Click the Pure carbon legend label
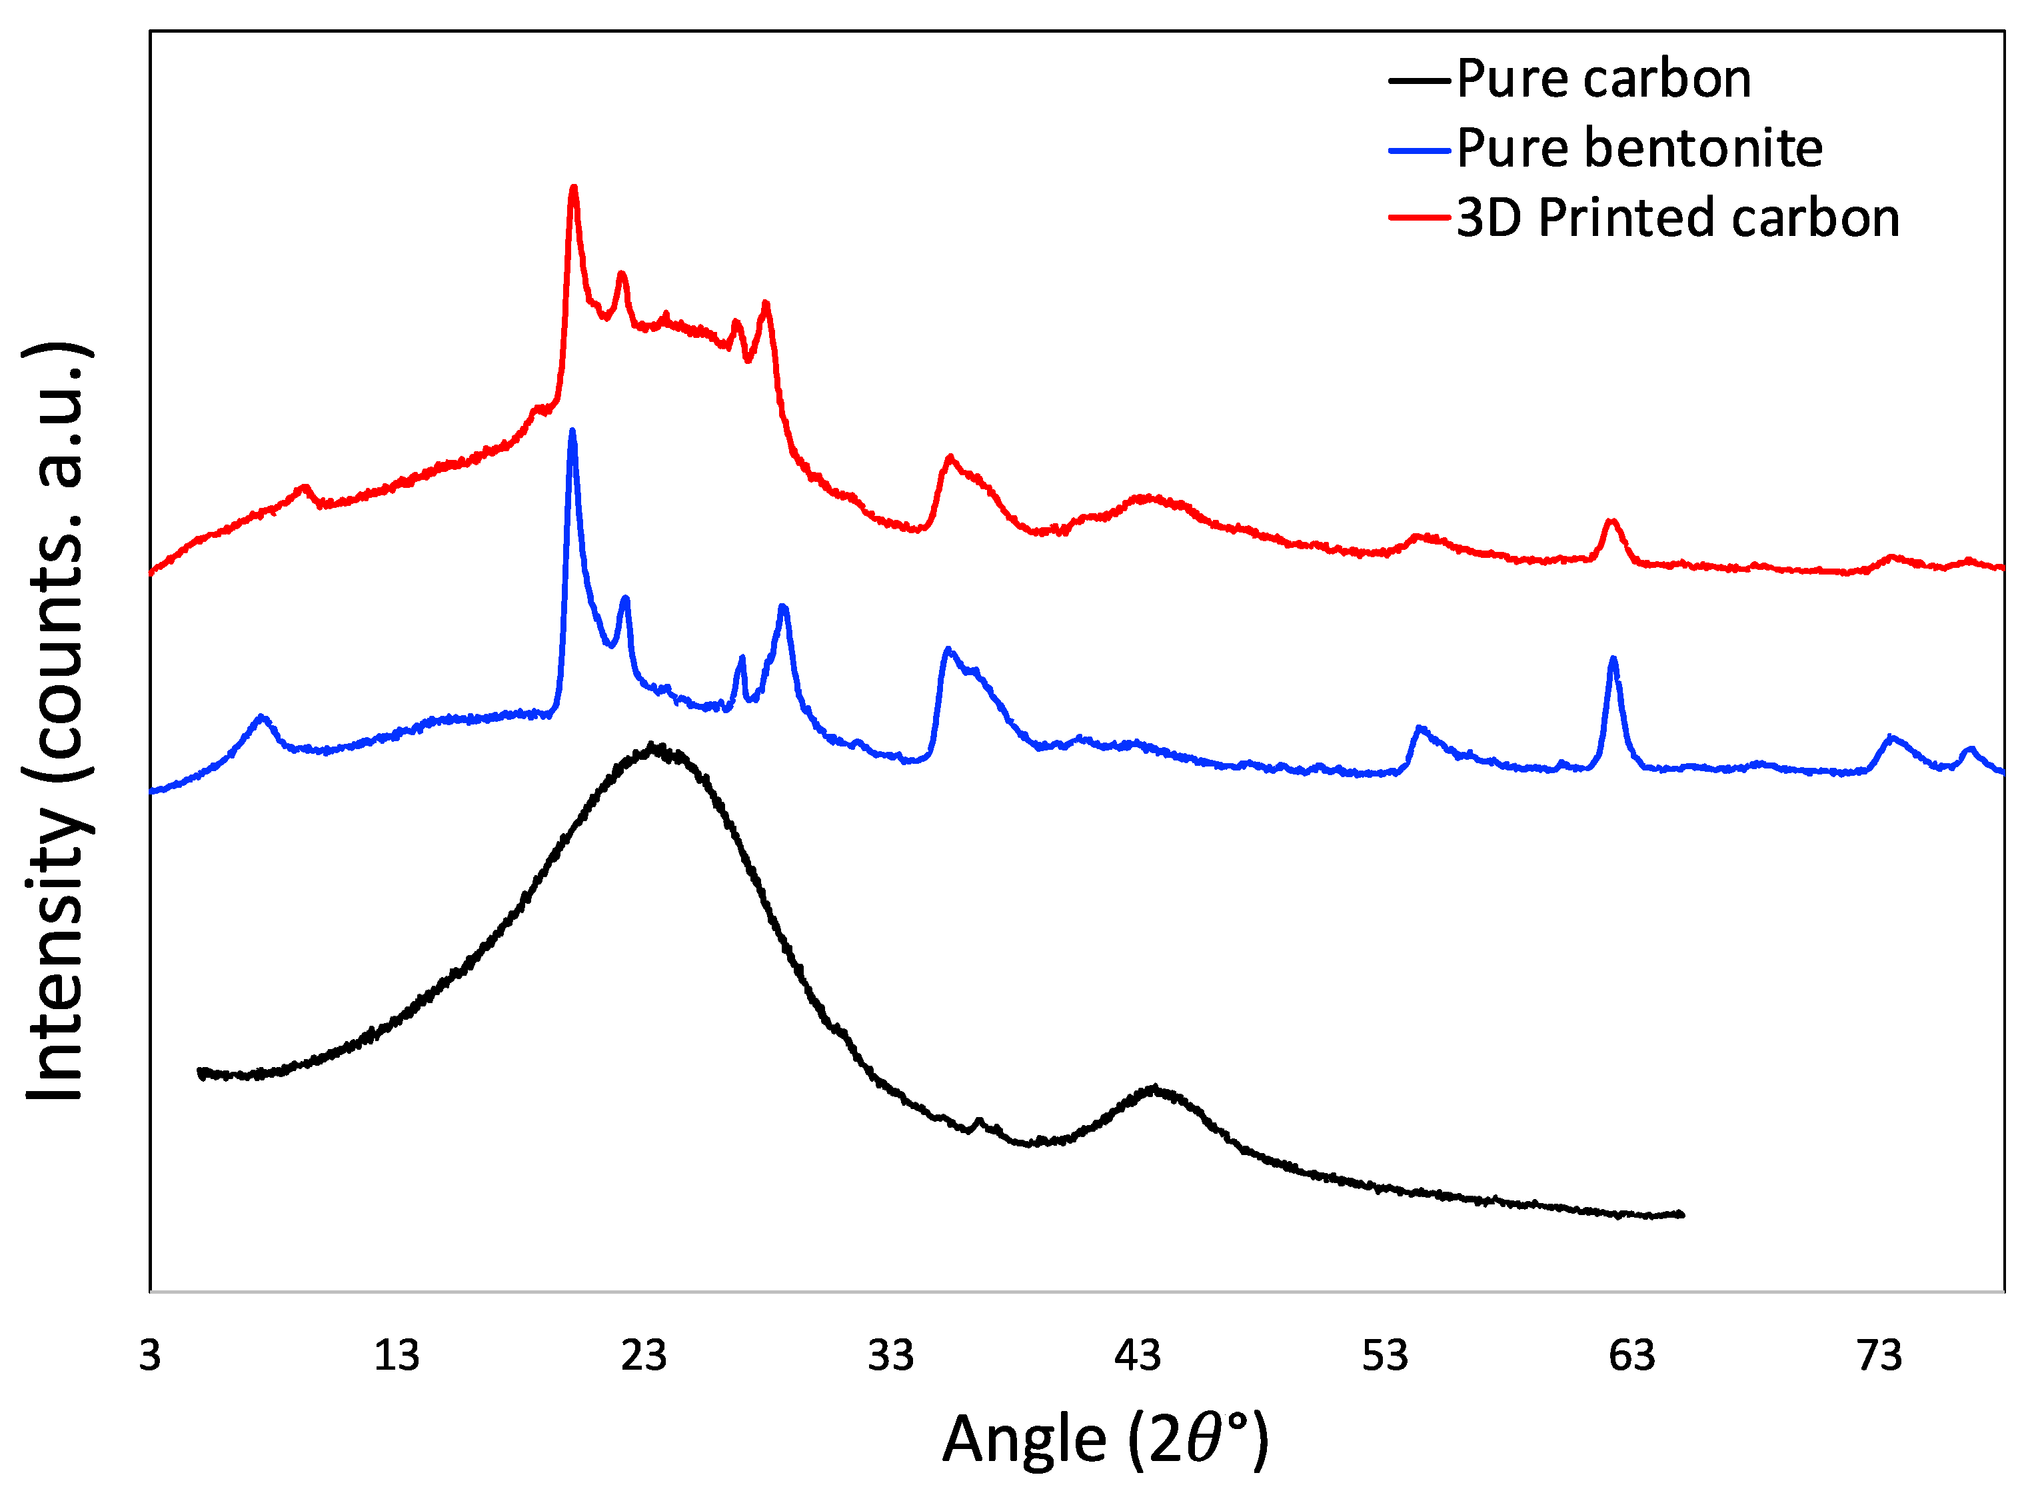[x=1603, y=79]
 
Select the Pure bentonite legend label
[x=1639, y=149]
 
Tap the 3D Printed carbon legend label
[x=1677, y=219]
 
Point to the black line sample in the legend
[x=1419, y=81]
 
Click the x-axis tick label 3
[x=150, y=1356]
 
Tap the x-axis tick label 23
[x=644, y=1356]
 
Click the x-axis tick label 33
[x=891, y=1356]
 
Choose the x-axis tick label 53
[x=1384, y=1356]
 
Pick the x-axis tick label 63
[x=1631, y=1356]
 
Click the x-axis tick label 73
[x=1879, y=1356]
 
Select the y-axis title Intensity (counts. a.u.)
[x=56, y=722]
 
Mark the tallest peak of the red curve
[x=573, y=189]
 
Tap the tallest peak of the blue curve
[x=571, y=433]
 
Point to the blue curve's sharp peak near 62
[x=1613, y=660]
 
